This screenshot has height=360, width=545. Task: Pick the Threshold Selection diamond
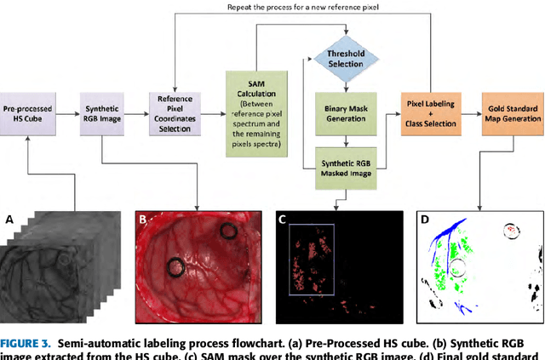pyautogui.click(x=346, y=57)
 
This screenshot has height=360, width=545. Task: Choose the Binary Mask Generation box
pyautogui.click(x=346, y=113)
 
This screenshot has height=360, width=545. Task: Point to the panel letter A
pyautogui.click(x=9, y=219)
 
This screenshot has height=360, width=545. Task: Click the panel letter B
pyautogui.click(x=143, y=219)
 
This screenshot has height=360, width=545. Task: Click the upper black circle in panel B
pyautogui.click(x=228, y=231)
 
